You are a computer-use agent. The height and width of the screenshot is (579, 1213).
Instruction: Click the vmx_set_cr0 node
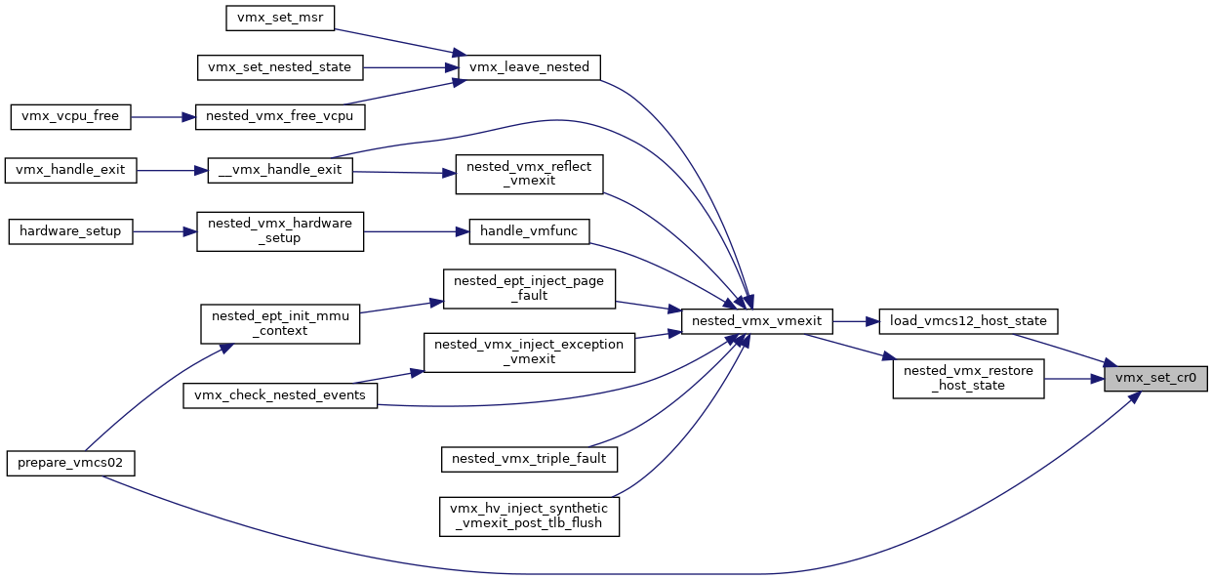[x=1155, y=379]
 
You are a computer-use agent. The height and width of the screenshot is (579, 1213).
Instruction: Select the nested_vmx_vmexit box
[x=756, y=321]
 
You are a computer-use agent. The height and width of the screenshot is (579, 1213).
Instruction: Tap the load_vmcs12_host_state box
[x=968, y=321]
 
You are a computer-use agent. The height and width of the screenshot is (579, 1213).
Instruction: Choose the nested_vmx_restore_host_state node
[x=968, y=379]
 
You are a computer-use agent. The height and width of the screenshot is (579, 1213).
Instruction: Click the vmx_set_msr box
[x=280, y=18]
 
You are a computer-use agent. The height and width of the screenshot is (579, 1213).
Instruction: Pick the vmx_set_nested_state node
[x=280, y=67]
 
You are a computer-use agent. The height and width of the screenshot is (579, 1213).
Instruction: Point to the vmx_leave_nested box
[x=529, y=67]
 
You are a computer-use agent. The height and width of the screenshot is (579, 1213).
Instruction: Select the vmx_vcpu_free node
[x=70, y=117]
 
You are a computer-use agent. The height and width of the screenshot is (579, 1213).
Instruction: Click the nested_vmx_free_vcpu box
[x=280, y=117]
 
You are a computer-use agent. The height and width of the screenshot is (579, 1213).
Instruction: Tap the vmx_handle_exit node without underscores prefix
[x=70, y=171]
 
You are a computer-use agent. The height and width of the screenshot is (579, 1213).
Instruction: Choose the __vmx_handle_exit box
[x=280, y=171]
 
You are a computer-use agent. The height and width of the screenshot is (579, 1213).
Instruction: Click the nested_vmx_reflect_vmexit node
[x=529, y=175]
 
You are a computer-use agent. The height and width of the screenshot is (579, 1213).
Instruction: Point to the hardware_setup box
[x=70, y=231]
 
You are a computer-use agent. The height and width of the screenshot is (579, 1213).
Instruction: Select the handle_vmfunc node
[x=529, y=231]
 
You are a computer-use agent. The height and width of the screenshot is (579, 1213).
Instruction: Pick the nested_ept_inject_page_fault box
[x=529, y=289]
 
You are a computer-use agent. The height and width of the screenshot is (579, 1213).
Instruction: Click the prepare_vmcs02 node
[x=70, y=464]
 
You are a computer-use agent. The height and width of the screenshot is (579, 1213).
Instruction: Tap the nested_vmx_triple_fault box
[x=529, y=459]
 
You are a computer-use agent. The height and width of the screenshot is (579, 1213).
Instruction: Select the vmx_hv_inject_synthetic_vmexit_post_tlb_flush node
[x=529, y=517]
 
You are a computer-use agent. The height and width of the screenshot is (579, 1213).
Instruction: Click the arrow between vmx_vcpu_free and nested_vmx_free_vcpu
[x=163, y=117]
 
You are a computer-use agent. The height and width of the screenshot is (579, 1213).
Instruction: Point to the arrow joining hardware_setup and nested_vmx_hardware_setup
[x=165, y=231]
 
